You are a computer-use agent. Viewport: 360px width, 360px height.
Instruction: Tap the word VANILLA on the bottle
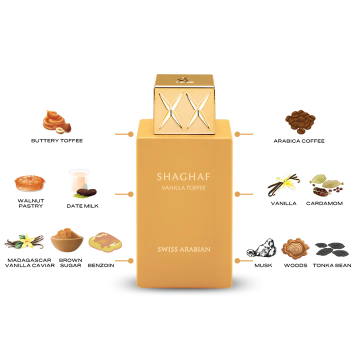tap(169, 188)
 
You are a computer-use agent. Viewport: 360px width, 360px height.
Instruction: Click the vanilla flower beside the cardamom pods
tap(285, 185)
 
